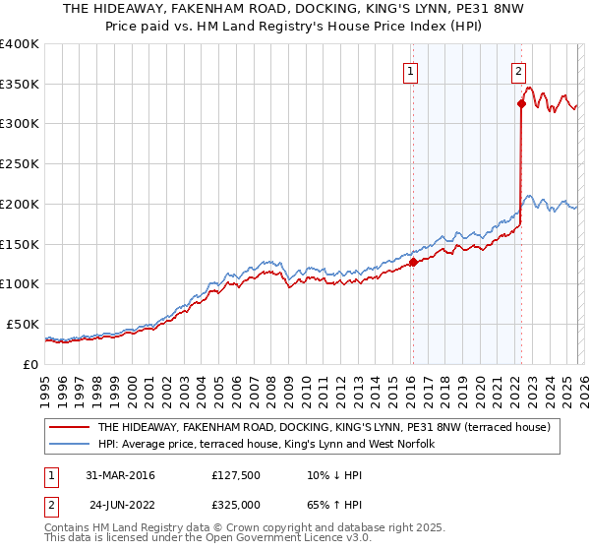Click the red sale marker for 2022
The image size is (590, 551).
coord(520,102)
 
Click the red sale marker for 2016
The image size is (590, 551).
coord(413,262)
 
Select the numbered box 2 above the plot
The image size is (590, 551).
coord(518,70)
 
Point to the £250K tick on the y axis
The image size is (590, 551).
coord(21,164)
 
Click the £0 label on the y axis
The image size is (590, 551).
coord(30,364)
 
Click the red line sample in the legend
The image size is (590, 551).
coord(70,427)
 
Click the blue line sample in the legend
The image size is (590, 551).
coord(70,444)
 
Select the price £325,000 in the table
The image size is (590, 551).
coord(236,503)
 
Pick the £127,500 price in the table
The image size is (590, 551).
coord(236,475)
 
